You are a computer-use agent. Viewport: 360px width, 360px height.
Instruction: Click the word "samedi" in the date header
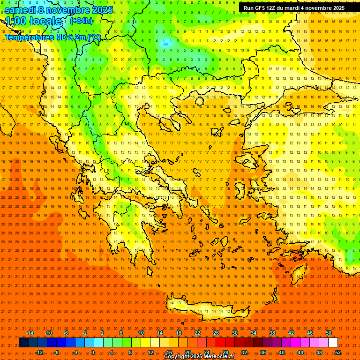point(21,9)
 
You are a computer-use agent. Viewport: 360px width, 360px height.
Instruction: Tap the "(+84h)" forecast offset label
point(81,21)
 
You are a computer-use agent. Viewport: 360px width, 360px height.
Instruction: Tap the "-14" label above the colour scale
point(30,333)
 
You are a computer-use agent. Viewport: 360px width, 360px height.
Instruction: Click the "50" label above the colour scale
point(329,333)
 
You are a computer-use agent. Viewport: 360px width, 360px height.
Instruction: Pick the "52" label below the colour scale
point(338,352)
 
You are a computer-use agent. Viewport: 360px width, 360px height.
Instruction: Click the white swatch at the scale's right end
point(333,343)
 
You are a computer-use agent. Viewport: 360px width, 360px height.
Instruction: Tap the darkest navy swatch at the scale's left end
point(23,343)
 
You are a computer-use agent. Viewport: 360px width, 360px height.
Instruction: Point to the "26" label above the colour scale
point(216,333)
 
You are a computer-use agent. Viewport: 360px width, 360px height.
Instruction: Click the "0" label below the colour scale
point(93,352)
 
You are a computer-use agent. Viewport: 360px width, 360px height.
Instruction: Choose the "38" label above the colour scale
point(272,333)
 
